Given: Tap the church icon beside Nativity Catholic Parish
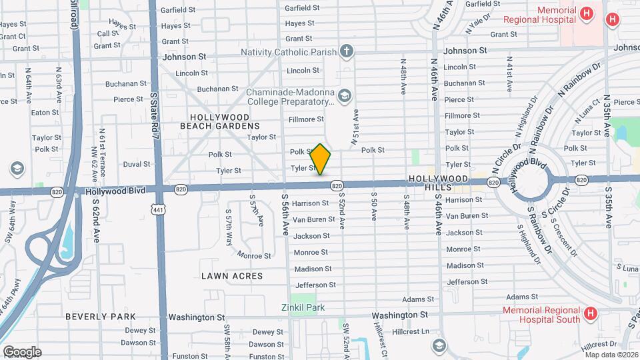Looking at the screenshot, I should [x=346, y=51].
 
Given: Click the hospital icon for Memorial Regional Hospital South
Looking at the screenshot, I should [x=589, y=313].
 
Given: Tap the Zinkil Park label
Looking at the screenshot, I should [x=302, y=307].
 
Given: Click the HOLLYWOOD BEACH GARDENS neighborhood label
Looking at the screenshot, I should [x=219, y=121].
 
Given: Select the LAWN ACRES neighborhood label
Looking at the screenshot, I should [x=233, y=275].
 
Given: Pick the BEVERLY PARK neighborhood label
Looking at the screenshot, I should [x=101, y=317].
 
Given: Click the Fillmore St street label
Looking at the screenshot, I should [x=306, y=119].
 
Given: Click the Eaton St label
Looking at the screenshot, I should [x=45, y=113].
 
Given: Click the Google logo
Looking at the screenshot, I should [x=22, y=351].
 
